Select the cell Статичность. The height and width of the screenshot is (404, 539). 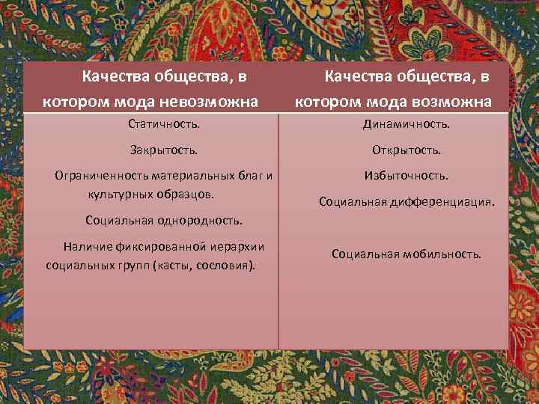click(x=164, y=123)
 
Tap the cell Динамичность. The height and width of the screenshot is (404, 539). click(x=406, y=123)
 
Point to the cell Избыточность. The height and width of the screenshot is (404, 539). click(x=406, y=176)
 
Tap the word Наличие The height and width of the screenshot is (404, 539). click(x=87, y=246)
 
